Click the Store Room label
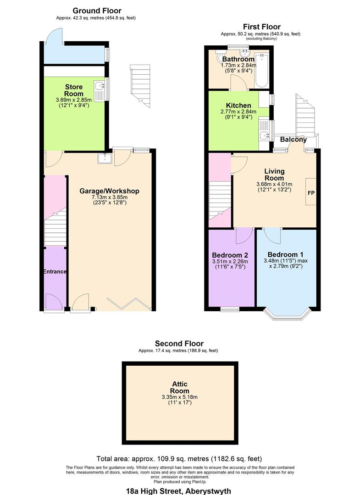coord(73,90)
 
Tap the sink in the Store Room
coord(99,91)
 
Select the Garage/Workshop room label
coord(109,191)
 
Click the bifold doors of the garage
coord(128,303)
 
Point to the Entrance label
coord(55,271)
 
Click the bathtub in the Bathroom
coord(261,71)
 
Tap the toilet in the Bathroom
coord(220,57)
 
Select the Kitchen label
coord(238,105)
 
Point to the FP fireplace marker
coord(311,192)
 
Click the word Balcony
coord(294,139)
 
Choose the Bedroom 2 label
coord(230,255)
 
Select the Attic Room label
coord(180,388)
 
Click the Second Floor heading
coord(179,343)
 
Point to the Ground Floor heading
coord(97,11)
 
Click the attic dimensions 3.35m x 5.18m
coord(180,397)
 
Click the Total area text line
coord(179,459)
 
